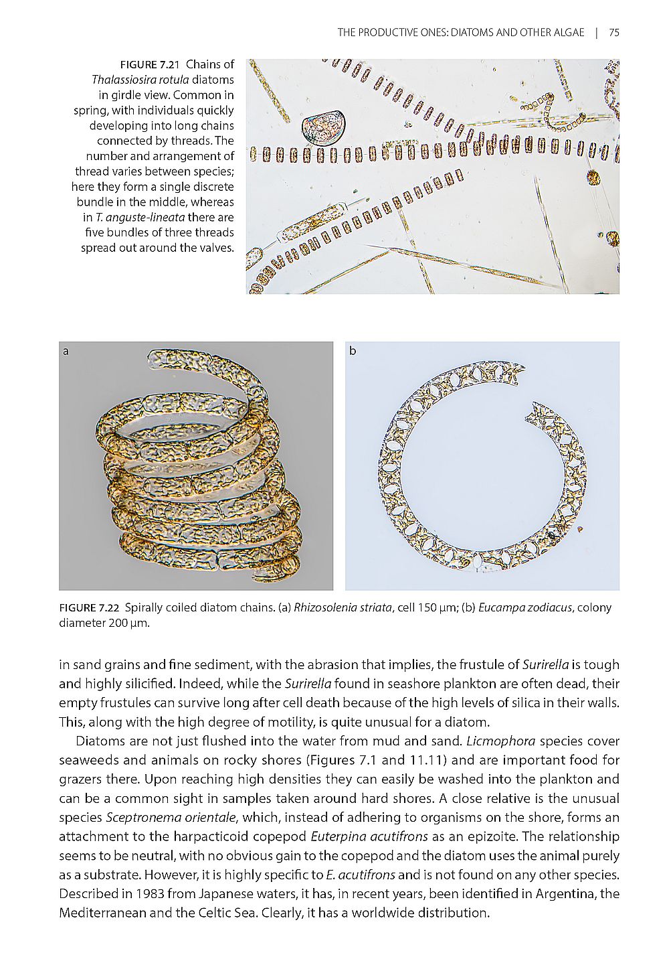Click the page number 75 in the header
coord(614,32)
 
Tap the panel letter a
coord(66,351)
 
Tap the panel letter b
coord(353,351)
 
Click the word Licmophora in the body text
coord(496,741)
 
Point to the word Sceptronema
coord(138,818)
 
